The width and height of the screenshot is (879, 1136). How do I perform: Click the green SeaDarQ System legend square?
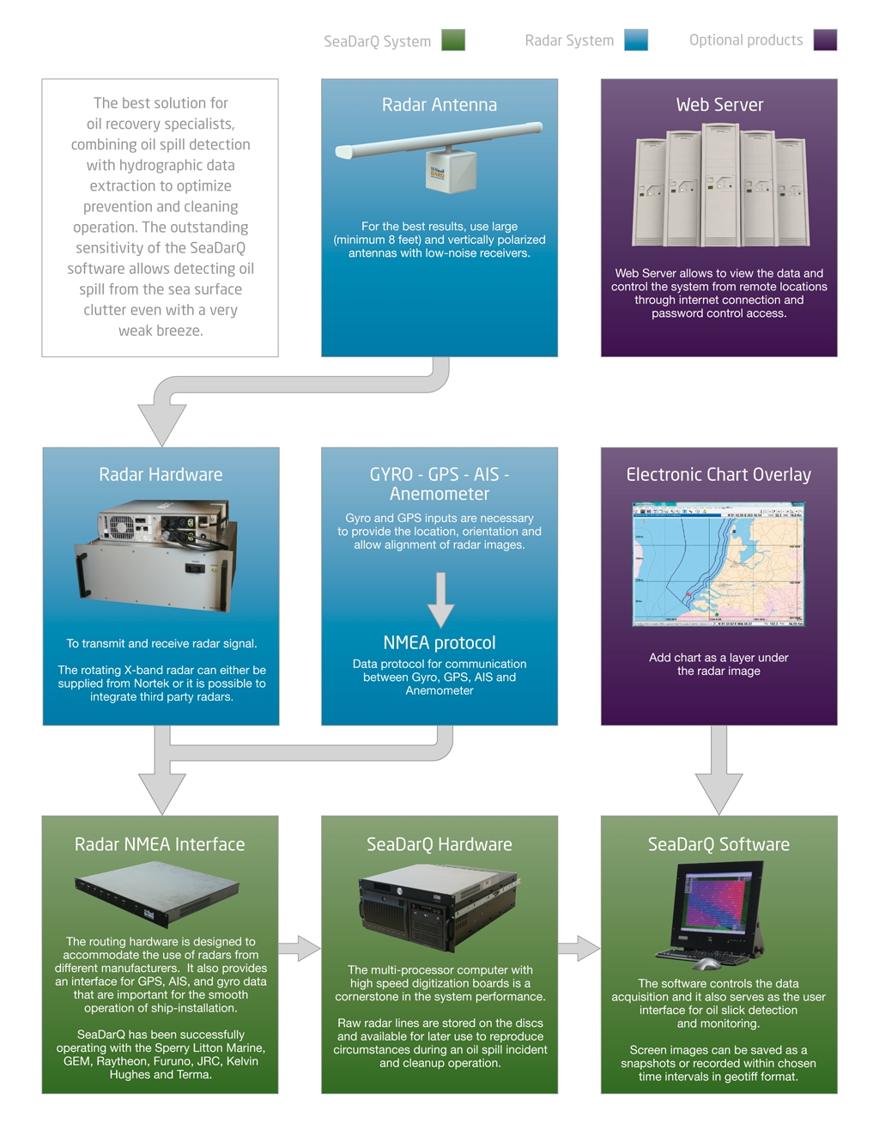pyautogui.click(x=453, y=40)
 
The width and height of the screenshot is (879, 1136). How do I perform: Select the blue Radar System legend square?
pyautogui.click(x=636, y=40)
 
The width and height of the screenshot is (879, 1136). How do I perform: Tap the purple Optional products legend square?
pyautogui.click(x=825, y=40)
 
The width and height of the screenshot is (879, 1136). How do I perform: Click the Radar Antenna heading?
pyautogui.click(x=439, y=105)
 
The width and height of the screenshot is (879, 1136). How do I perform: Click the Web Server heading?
pyautogui.click(x=719, y=105)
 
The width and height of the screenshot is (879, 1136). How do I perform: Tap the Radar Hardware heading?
pyautogui.click(x=161, y=475)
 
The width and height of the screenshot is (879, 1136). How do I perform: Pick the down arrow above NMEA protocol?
pyautogui.click(x=440, y=600)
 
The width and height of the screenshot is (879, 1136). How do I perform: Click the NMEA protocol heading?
pyautogui.click(x=439, y=643)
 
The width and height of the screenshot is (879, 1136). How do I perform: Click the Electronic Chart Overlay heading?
pyautogui.click(x=718, y=475)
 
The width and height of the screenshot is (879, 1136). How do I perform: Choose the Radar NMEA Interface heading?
pyautogui.click(x=160, y=845)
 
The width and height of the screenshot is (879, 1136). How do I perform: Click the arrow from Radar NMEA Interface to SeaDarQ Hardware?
pyautogui.click(x=299, y=948)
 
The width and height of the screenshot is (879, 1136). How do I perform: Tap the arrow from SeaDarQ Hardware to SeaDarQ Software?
pyautogui.click(x=579, y=948)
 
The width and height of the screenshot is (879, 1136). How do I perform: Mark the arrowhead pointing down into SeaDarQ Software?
pyautogui.click(x=718, y=793)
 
